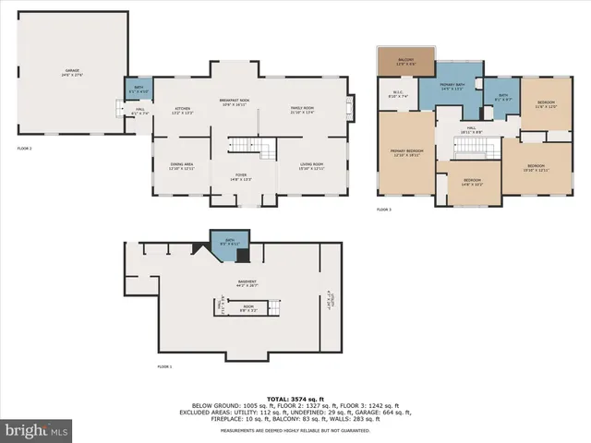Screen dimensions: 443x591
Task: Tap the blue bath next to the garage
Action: click(134, 90)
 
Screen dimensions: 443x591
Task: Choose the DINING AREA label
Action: click(181, 167)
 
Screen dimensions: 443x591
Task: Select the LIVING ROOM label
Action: click(311, 167)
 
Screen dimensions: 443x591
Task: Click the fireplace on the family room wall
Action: click(349, 103)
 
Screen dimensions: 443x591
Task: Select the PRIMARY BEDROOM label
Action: click(406, 153)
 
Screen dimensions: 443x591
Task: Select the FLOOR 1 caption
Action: click(164, 367)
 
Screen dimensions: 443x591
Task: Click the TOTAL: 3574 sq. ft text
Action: click(295, 398)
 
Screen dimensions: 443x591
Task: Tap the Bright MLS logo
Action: click(37, 431)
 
